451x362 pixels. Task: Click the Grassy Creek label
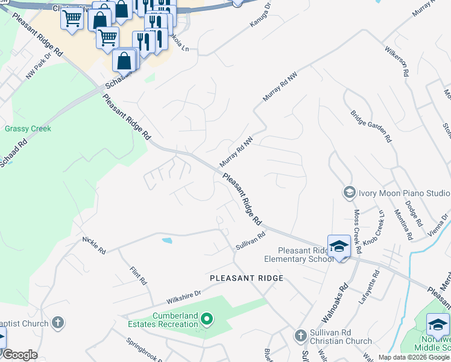28,129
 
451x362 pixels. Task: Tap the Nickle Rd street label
94,244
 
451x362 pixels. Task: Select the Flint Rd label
139,273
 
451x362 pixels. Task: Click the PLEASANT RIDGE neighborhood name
246,278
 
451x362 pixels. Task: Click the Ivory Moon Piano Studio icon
348,192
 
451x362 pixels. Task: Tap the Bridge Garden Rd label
371,126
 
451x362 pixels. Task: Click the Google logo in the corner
20,355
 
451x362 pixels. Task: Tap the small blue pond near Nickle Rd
167,241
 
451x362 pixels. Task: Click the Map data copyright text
413,357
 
